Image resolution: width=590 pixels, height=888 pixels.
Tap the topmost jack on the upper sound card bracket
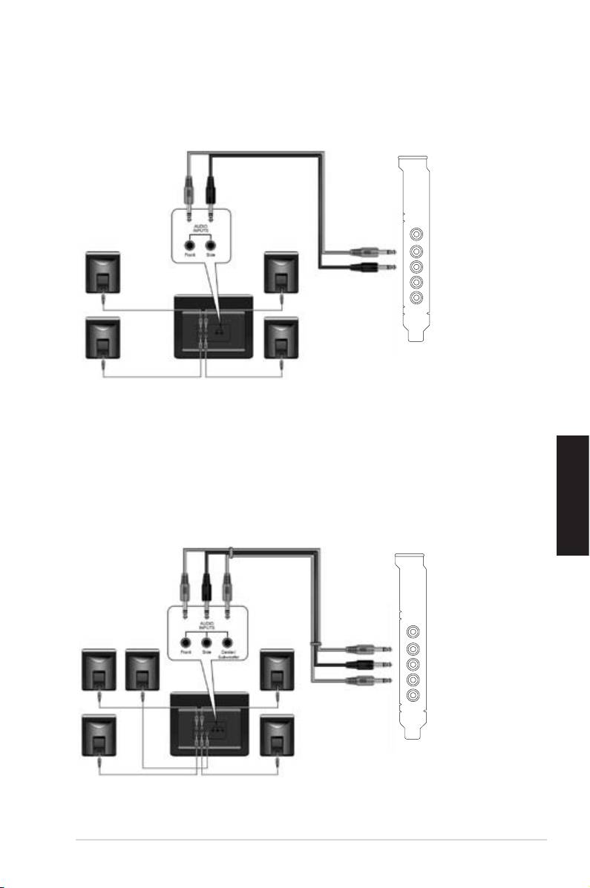point(416,234)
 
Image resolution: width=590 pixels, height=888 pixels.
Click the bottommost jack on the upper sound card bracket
point(416,298)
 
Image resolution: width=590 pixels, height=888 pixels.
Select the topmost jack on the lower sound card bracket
point(414,632)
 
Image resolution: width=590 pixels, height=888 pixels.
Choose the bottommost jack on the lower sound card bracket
point(414,696)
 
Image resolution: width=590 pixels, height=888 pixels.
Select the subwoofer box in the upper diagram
point(214,327)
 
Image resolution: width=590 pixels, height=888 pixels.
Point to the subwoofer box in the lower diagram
point(212,723)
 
